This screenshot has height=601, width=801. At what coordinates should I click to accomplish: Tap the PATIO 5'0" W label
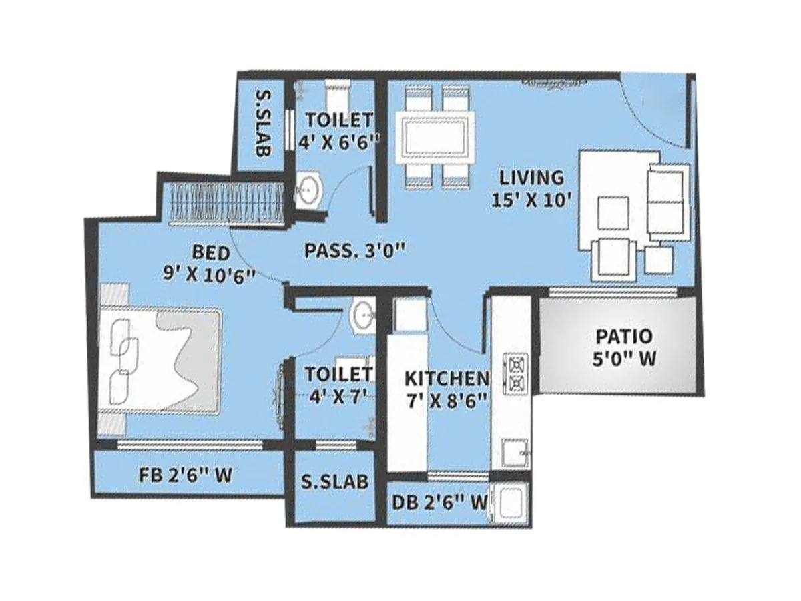point(625,347)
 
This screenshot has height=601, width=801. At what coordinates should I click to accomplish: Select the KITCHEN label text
point(447,379)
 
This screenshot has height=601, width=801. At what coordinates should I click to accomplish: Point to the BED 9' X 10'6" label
point(209,263)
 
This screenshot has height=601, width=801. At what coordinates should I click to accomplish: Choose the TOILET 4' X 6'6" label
point(338,129)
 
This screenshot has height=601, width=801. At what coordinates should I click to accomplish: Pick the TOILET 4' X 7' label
point(338,384)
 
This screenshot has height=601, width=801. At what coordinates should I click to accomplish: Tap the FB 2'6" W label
point(186,476)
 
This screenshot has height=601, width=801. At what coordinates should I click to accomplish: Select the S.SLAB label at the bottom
point(334,482)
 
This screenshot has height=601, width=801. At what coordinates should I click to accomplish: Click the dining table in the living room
point(435,137)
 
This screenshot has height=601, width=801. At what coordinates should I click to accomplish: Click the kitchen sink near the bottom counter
point(514,454)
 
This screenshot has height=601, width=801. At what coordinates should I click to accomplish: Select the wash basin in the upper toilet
point(308,190)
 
